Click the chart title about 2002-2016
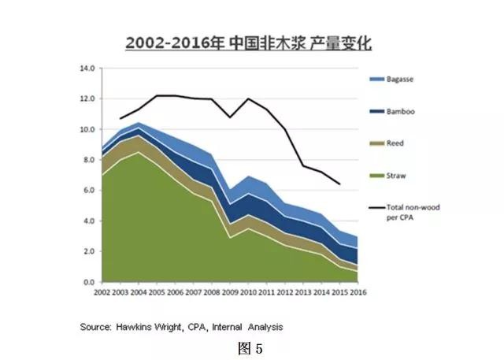[x=249, y=43]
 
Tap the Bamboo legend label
[x=402, y=112]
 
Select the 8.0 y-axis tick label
[x=87, y=160]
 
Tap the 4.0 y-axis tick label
[x=87, y=221]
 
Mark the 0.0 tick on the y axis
[x=87, y=282]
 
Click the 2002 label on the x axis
[x=102, y=293]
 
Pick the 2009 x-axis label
[x=229, y=293]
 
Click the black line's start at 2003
[x=120, y=119]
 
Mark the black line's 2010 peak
[x=247, y=98]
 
